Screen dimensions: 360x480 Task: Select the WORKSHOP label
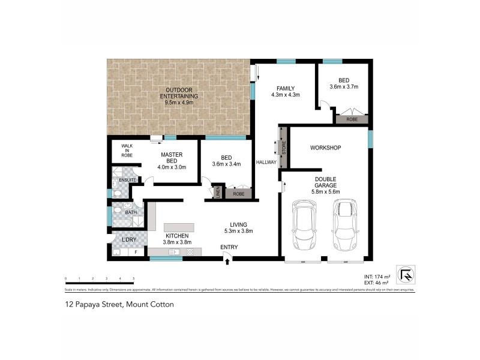pyautogui.click(x=325, y=148)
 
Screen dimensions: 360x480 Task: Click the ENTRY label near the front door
pyautogui.click(x=229, y=247)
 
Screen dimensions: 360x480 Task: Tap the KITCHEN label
pyautogui.click(x=177, y=236)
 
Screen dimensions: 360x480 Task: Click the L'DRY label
pyautogui.click(x=128, y=240)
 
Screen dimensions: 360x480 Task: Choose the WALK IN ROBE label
pyautogui.click(x=127, y=150)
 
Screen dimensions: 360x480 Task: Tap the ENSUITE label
pyautogui.click(x=128, y=179)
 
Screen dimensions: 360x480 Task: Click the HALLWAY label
pyautogui.click(x=266, y=162)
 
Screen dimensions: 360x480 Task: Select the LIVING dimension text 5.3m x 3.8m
pyautogui.click(x=238, y=230)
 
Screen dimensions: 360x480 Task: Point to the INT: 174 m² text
pyautogui.click(x=376, y=276)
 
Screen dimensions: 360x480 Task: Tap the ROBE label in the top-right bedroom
pyautogui.click(x=352, y=119)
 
